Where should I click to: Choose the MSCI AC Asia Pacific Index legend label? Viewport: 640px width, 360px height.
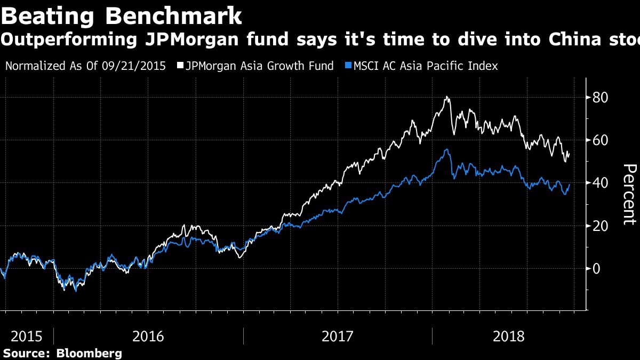(425, 66)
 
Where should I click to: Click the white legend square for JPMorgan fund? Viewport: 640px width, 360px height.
(180, 66)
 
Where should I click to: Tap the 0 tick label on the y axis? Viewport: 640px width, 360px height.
(598, 268)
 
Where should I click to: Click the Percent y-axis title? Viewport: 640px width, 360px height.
(629, 195)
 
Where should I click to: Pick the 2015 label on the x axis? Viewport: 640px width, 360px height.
(27, 337)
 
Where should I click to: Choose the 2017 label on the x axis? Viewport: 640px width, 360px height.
(338, 337)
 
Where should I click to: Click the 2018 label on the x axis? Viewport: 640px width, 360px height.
(509, 337)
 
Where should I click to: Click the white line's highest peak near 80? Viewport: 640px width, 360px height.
(446, 97)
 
